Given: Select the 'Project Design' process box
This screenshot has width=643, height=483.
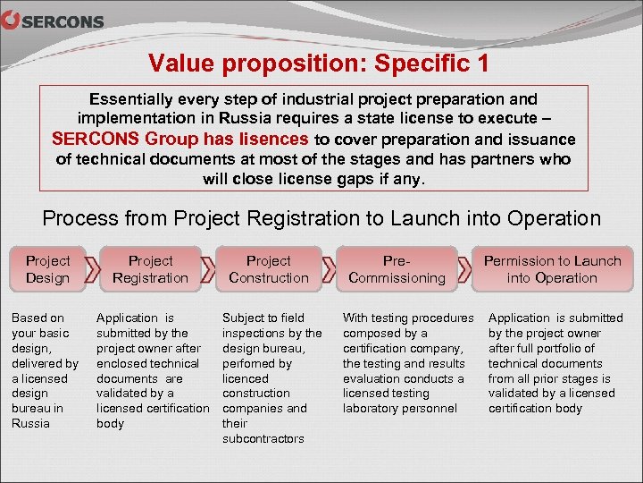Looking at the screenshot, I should pos(47,269).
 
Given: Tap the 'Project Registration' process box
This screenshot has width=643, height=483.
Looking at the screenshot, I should pos(150,269).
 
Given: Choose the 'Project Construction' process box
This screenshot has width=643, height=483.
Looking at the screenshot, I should pos(269,269).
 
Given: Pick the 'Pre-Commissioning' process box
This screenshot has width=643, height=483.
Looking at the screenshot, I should pos(397,269).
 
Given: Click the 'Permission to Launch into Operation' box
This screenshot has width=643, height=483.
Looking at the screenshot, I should pos(552,269).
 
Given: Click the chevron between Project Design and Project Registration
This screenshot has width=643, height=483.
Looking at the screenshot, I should pos(92,269).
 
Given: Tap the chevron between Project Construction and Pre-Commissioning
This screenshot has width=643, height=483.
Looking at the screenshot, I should pos(330,269).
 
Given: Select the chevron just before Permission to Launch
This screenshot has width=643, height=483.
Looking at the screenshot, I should pos(465,269).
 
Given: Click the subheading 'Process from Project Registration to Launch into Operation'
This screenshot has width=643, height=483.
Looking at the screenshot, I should pos(321,218).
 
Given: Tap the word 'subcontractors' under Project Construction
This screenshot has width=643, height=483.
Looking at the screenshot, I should pos(263,438).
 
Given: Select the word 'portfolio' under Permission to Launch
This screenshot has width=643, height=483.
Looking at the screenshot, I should pos(556,348).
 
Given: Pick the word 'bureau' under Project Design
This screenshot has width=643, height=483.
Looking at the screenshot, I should pos(29,408).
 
